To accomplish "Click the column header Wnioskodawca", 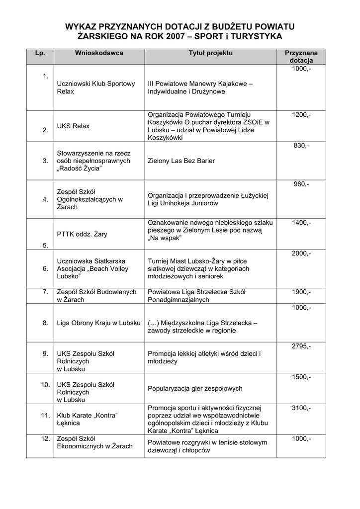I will click(x=99, y=53).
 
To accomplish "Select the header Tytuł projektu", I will click(x=210, y=53).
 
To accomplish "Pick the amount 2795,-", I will click(x=301, y=346).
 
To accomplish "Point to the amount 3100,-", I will click(x=301, y=408).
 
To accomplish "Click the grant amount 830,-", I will click(x=301, y=146).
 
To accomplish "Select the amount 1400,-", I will click(x=301, y=223).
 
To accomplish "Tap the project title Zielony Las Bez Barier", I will click(x=181, y=161).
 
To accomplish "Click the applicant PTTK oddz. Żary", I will click(x=82, y=234).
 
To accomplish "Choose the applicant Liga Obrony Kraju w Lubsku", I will click(x=99, y=323).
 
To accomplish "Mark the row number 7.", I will click(x=45, y=292).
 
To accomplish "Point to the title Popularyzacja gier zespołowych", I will click(x=195, y=388).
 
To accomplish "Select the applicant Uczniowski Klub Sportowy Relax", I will click(x=96, y=88).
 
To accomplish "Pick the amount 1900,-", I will click(x=301, y=292).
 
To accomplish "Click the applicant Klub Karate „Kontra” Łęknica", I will click(x=89, y=419).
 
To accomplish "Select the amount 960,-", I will click(x=301, y=184).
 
